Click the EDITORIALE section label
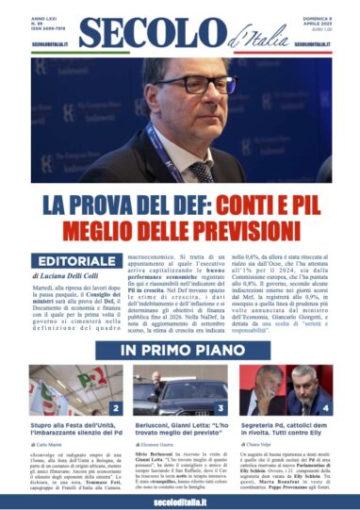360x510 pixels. (71, 261)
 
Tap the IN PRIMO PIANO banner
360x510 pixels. (179, 352)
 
